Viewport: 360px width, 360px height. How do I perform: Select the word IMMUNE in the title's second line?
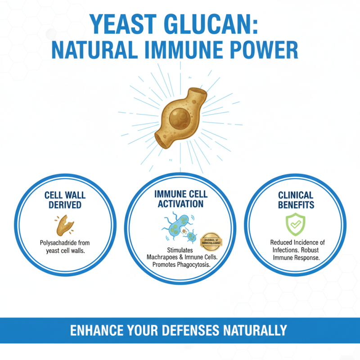[185, 50]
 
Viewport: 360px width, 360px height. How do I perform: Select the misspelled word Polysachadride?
[57, 243]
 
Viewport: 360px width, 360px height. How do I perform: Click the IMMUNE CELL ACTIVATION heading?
[180, 199]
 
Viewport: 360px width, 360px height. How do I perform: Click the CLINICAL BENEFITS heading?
[296, 200]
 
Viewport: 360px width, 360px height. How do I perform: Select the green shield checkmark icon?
[296, 225]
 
